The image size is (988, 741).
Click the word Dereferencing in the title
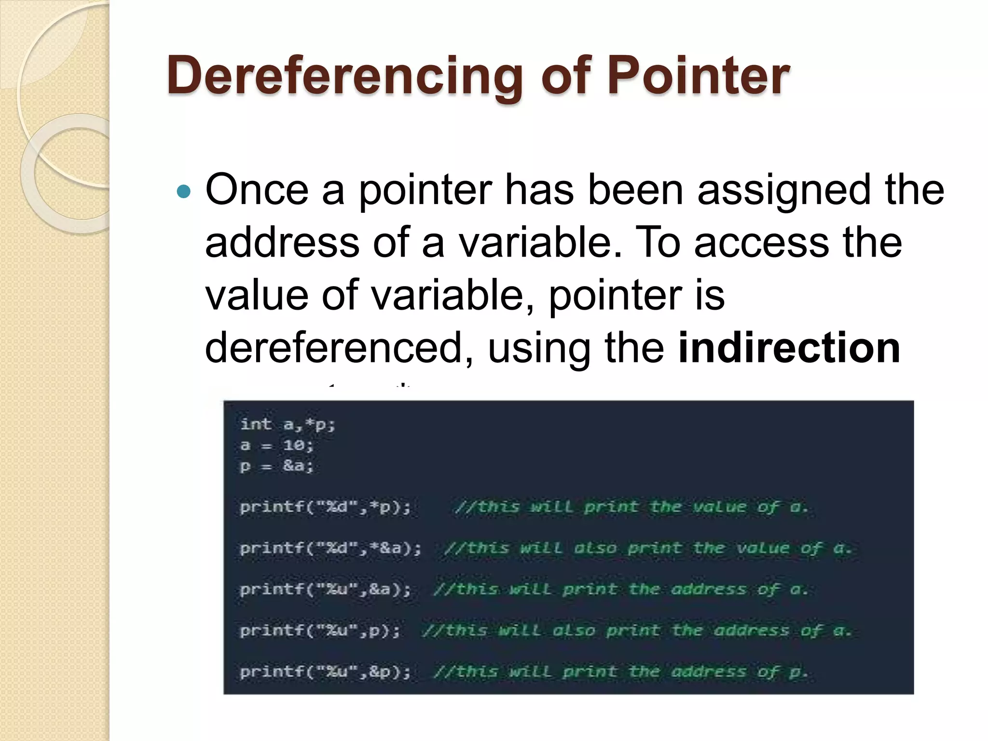tap(344, 76)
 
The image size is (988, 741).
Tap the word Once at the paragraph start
tap(257, 189)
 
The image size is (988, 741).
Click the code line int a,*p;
tap(288, 425)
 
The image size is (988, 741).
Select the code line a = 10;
tap(277, 445)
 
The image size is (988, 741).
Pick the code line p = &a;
tap(277, 466)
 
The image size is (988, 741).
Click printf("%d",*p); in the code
tap(325, 507)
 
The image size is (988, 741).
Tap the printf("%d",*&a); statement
tap(330, 549)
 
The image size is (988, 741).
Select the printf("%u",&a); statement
tap(325, 590)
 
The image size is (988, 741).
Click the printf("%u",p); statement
tap(320, 631)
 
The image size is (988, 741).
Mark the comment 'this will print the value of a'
tap(631, 507)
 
